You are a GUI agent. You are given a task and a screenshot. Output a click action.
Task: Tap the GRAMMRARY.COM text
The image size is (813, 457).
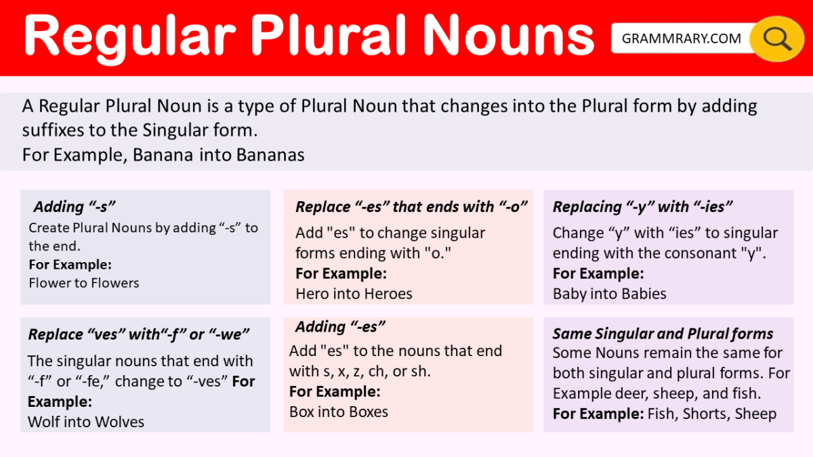click(x=682, y=39)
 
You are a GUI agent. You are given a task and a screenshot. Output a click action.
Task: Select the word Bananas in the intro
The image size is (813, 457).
click(x=270, y=155)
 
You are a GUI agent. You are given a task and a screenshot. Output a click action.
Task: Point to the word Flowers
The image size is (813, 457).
click(x=112, y=283)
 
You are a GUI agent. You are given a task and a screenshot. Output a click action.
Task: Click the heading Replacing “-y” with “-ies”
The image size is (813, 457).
click(x=643, y=207)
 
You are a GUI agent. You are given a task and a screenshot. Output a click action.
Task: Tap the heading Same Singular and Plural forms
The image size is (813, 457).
click(x=663, y=334)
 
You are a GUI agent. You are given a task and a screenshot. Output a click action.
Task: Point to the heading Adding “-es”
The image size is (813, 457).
click(x=340, y=327)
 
